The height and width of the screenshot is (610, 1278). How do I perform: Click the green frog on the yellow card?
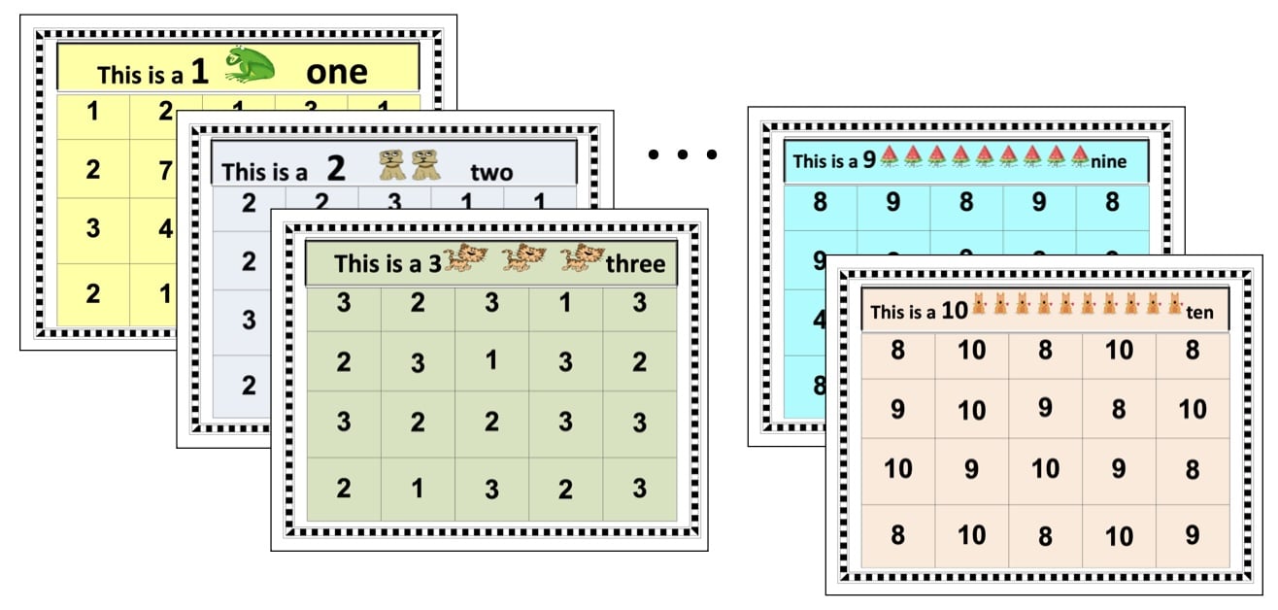coord(250,66)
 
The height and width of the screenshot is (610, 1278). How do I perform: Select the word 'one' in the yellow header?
coord(337,72)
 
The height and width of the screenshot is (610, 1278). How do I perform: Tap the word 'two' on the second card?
coord(491,173)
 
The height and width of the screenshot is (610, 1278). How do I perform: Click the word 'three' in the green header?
coord(636,263)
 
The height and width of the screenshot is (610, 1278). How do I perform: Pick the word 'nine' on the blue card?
coord(1108,161)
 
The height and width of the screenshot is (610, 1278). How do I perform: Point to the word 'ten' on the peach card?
coord(1199,313)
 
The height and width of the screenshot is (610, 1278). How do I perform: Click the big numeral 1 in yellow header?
coord(199,70)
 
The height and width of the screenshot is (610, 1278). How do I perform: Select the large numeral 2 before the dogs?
coord(336,170)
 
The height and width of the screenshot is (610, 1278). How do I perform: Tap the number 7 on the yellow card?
coord(165,171)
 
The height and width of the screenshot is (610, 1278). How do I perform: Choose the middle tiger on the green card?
coord(524,257)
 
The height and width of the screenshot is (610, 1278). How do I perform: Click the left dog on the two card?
coord(392,166)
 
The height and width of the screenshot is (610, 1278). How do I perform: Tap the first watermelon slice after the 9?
coord(890,156)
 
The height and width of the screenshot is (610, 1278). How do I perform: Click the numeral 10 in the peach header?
coord(955,311)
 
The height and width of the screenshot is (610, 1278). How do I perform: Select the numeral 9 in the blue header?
coord(869,160)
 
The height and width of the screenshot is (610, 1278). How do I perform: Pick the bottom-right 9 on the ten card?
coord(1193,535)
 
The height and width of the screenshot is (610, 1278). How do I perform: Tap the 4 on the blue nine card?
coord(820,320)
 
